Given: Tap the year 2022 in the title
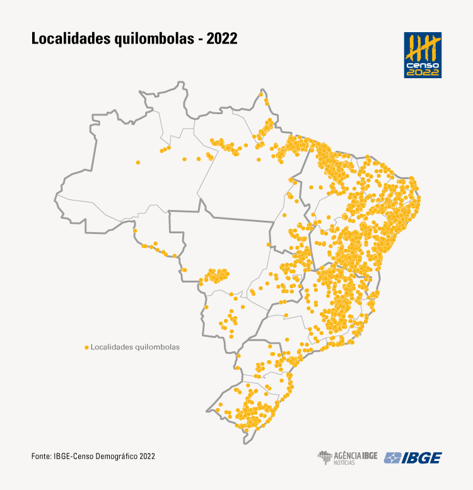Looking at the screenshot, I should coord(221,39).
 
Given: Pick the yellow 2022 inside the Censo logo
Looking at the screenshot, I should coord(423,72).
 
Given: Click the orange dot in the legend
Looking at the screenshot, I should coord(86,347).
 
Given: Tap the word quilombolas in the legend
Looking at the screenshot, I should coord(157,347).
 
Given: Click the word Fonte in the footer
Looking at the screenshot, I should coord(41,456).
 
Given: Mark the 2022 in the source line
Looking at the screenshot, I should coord(147,456).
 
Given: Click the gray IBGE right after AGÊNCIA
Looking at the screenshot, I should coord(370,455).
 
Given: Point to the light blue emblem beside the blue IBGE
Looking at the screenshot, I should coord(394,458).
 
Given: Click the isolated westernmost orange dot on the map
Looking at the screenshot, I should coord(138,162).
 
